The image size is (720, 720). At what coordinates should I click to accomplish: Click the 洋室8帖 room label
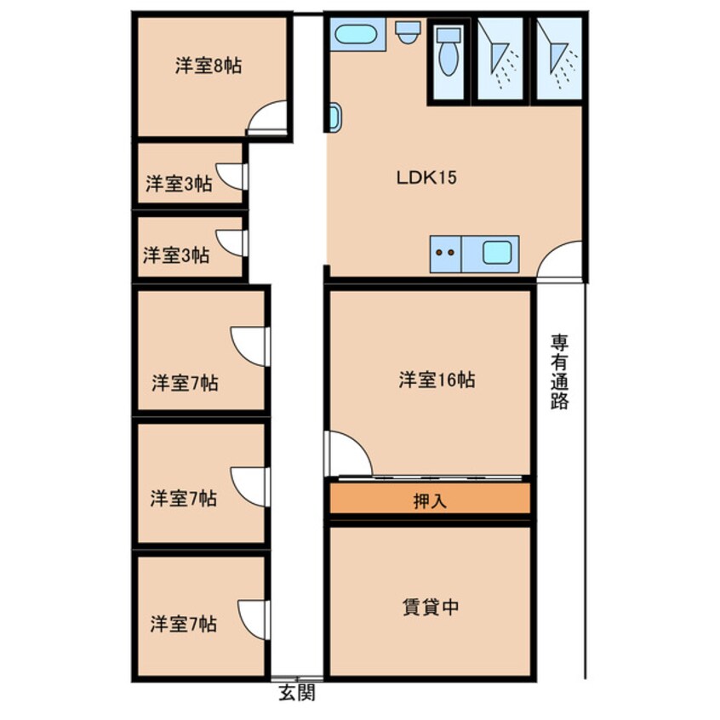coord(209,66)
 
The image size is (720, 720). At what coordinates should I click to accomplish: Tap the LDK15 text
coord(427,179)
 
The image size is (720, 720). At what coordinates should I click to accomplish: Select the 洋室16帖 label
coord(437,380)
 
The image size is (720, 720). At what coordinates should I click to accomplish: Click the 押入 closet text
coord(430,501)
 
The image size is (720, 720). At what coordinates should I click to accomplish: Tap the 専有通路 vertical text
coord(559,372)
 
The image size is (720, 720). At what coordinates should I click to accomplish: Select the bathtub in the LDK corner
coord(352,34)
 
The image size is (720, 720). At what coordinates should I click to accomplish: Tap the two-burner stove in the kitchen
coord(444,252)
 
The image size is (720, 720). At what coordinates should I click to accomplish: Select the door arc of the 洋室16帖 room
coord(349,454)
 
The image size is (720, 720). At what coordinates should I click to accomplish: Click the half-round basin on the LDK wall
coord(334,117)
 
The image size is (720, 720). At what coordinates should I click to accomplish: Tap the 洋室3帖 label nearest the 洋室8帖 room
coord(178,183)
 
